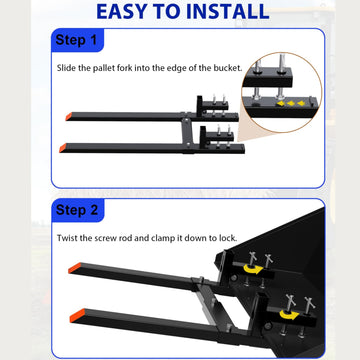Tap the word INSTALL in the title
[228, 11]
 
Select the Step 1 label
[76, 40]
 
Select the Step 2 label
[77, 210]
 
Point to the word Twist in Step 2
[67, 238]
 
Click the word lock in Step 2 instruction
[228, 238]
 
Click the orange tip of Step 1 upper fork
[69, 116]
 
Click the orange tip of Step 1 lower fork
[63, 148]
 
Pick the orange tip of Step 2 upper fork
[75, 268]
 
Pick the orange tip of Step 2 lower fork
[77, 315]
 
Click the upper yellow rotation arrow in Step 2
[252, 269]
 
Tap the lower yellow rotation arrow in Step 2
[289, 315]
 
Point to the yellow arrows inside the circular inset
[291, 104]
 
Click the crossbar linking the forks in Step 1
[186, 133]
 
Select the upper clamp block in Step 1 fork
[214, 105]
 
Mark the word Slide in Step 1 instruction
[66, 68]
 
